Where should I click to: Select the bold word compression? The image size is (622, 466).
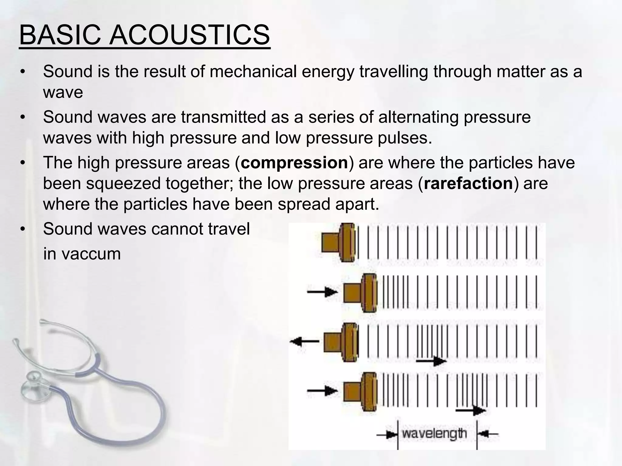tap(294, 163)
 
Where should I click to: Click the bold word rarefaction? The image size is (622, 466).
tap(468, 184)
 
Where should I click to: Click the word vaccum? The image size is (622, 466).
tap(91, 254)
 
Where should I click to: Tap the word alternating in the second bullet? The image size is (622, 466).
tap(418, 117)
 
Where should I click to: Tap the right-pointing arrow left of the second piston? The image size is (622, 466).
tap(323, 292)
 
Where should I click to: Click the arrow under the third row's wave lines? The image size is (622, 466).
tap(431, 361)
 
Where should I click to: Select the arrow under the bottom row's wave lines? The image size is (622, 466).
tap(471, 410)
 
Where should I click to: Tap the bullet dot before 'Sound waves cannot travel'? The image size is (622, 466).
tap(22, 229)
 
